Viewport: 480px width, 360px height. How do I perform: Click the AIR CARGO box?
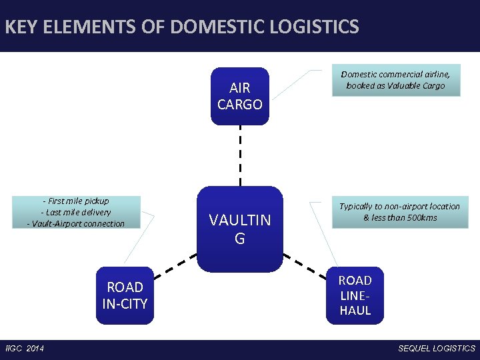tap(240, 96)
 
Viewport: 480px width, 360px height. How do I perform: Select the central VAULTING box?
tap(240, 229)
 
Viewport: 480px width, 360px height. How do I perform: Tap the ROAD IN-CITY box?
tap(125, 295)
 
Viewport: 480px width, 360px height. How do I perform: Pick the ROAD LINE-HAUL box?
tap(355, 295)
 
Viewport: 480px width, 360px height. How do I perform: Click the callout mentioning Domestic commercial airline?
tap(395, 81)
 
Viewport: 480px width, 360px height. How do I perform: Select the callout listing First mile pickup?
tap(76, 212)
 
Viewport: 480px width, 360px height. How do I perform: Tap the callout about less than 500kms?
tap(399, 212)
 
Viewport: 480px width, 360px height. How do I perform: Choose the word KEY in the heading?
tap(20, 27)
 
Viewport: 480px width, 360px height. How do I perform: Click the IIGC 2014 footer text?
tap(24, 349)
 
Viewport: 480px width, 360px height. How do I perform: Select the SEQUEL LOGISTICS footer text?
tap(437, 349)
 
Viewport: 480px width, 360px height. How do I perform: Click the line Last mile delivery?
tap(76, 212)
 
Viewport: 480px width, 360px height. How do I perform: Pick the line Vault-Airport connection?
tap(76, 223)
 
